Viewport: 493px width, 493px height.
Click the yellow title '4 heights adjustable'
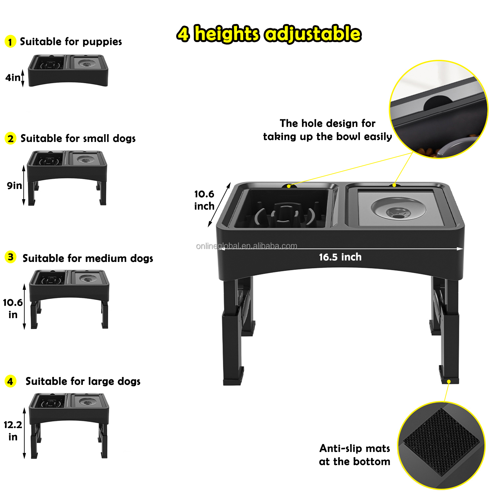click(x=269, y=34)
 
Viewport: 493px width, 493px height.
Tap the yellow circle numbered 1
click(x=10, y=42)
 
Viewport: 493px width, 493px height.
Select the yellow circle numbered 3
click(x=11, y=257)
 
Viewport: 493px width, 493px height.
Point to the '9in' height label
click(x=14, y=186)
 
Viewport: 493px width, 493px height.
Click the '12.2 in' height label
click(x=13, y=431)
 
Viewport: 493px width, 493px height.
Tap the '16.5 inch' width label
click(x=340, y=257)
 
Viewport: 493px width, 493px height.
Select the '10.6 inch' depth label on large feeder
click(x=204, y=200)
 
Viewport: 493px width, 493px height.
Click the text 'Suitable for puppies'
click(x=71, y=42)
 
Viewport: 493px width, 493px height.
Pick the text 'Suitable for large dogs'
click(x=83, y=381)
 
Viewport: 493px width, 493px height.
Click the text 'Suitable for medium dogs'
click(x=88, y=258)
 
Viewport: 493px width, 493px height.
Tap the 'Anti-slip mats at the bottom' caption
click(x=355, y=455)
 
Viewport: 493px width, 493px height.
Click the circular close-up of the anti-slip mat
click(x=441, y=445)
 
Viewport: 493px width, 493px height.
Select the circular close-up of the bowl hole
click(x=438, y=109)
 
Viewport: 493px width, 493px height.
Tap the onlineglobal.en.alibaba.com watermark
click(x=246, y=246)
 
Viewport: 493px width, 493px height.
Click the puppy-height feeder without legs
click(x=68, y=71)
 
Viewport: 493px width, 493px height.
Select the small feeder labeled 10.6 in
click(x=69, y=297)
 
